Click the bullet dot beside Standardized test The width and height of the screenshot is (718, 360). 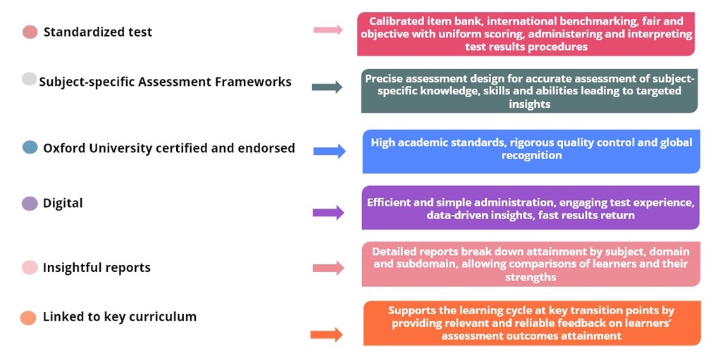point(30,32)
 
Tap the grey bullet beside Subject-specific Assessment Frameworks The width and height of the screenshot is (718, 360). point(29,79)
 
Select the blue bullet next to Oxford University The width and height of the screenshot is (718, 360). point(30,147)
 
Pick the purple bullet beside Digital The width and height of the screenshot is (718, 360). point(30,204)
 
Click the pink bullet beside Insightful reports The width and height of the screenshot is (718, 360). point(30,267)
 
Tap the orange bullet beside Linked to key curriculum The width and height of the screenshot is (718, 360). point(28,318)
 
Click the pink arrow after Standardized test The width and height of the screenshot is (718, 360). point(328,30)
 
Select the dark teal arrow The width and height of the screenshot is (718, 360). point(327,87)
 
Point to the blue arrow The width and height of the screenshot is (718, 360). point(329,151)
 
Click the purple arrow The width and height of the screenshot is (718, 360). point(328,213)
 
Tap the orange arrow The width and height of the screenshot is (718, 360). point(326,335)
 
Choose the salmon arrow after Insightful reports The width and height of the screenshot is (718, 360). point(328,268)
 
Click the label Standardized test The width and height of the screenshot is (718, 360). point(97,32)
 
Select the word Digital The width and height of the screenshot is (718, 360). point(63,204)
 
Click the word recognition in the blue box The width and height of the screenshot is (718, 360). point(532,156)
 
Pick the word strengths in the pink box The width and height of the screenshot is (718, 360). point(531,277)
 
